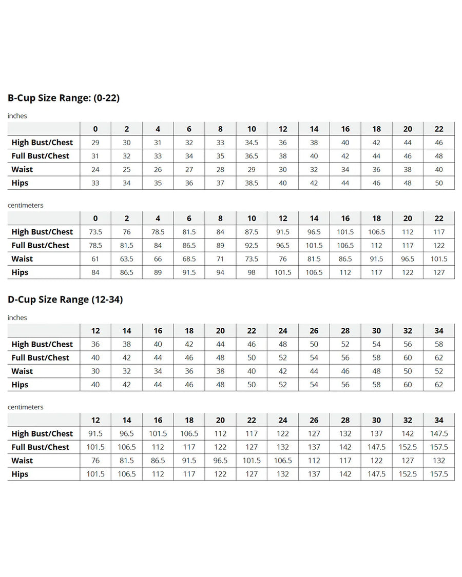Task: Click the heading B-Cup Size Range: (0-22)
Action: (64, 97)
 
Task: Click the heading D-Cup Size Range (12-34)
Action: (65, 300)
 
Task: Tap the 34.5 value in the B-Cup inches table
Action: (252, 143)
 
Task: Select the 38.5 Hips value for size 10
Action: (252, 183)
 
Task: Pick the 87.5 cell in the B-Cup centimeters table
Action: (252, 232)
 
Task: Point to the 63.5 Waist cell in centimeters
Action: (127, 259)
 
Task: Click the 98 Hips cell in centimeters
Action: (252, 272)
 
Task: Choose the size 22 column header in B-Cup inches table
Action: (439, 129)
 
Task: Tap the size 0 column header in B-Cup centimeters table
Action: (95, 218)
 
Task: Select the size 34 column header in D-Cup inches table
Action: (439, 331)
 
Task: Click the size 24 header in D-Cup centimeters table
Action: (283, 420)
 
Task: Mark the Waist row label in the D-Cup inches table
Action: (22, 371)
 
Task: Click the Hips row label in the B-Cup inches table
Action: (20, 183)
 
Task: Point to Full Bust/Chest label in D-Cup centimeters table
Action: (41, 447)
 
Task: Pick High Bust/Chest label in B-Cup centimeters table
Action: (42, 232)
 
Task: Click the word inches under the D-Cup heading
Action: (17, 317)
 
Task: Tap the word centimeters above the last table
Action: (25, 407)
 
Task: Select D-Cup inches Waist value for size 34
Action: (439, 371)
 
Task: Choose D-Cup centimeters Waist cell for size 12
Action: (95, 461)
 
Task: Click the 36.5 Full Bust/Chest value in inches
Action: (252, 156)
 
